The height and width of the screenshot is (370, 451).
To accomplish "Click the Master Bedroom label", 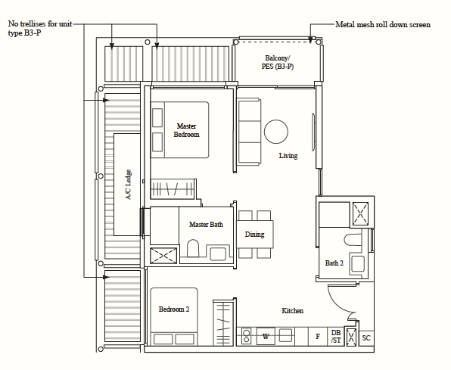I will tap(187, 130).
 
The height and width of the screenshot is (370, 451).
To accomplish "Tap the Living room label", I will tap(288, 156).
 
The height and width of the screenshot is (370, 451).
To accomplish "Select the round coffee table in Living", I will tap(276, 132).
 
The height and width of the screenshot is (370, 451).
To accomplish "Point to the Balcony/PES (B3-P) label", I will tap(278, 63).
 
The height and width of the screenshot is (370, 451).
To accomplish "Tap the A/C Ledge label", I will tap(129, 183).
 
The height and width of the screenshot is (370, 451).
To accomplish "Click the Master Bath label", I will tap(205, 225).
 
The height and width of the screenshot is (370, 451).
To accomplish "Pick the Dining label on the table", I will tap(255, 235).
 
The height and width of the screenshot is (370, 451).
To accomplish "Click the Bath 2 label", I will tap(334, 263).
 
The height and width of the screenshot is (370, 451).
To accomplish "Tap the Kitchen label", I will tap(293, 311).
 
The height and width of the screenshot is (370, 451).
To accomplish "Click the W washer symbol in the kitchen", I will tap(266, 336).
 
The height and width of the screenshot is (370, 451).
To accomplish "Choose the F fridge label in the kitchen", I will tap(318, 337).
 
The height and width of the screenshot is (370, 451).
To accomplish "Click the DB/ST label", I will tap(335, 337).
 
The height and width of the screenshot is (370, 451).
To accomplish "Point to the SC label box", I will tap(366, 337).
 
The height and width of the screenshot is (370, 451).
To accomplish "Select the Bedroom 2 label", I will tap(174, 309).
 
